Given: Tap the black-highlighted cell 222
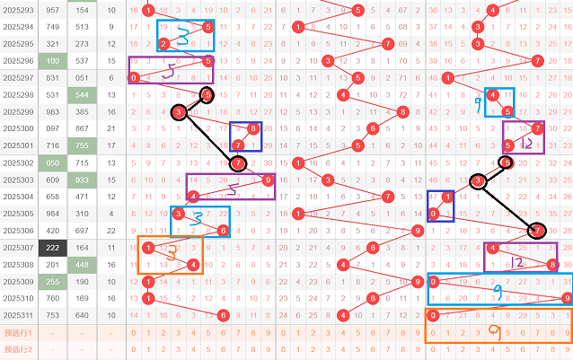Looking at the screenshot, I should pyautogui.click(x=52, y=247).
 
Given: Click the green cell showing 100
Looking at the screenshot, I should pyautogui.click(x=52, y=61).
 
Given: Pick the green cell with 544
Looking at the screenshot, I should pyautogui.click(x=83, y=95).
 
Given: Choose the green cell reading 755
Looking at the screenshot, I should pyautogui.click(x=83, y=145).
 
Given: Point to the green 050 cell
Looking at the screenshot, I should pyautogui.click(x=52, y=162).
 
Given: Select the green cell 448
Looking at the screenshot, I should pyautogui.click(x=83, y=264).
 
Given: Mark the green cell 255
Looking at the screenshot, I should pyautogui.click(x=52, y=281).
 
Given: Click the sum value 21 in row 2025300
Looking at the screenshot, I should pyautogui.click(x=110, y=128).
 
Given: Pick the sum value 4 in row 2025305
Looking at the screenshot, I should pyautogui.click(x=110, y=214).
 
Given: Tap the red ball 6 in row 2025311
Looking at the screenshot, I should pyautogui.click(x=223, y=315).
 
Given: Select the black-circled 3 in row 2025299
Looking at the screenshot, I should pyautogui.click(x=179, y=112).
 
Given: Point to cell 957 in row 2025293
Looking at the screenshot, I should pyautogui.click(x=52, y=11).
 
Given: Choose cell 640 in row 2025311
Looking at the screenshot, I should pyautogui.click(x=83, y=315).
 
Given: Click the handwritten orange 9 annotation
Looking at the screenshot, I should pyautogui.click(x=493, y=332).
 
